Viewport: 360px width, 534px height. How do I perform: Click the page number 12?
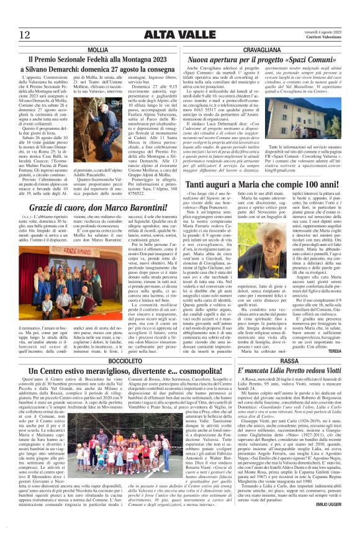tap(25, 35)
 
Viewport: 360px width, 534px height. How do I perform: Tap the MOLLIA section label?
tap(98, 49)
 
